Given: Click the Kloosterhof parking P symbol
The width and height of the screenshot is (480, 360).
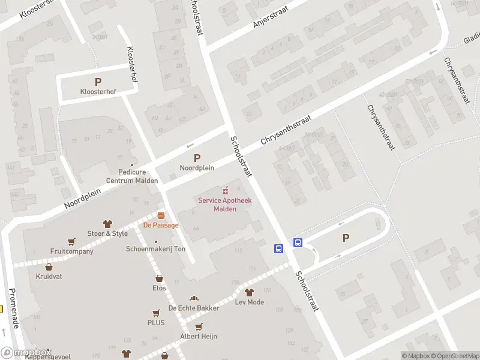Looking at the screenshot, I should point(98,82).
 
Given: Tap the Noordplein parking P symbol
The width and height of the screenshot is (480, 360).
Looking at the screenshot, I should point(197,158).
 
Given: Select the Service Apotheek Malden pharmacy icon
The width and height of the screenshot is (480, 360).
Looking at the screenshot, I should point(226,190).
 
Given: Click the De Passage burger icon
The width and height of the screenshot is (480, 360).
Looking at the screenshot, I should point(161,215).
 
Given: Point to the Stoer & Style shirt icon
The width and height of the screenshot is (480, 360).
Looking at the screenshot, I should point(108,224).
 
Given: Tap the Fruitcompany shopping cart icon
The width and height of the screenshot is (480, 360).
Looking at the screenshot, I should point(72,242).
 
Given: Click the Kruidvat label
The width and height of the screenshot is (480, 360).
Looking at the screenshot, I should point(49,277).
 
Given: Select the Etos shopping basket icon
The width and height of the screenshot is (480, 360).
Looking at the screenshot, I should point(159,278).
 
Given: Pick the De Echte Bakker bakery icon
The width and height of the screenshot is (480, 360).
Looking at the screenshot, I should point(193,298).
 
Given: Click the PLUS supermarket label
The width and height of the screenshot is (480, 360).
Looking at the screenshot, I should point(155,323).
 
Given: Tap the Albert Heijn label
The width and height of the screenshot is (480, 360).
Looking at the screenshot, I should point(199,337).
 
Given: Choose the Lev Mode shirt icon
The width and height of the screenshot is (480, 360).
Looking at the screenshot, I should point(250,292).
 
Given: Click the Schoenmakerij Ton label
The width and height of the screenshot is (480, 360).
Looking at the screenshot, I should point(155,249).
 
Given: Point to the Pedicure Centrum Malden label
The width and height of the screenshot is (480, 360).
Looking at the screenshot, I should point(132,176).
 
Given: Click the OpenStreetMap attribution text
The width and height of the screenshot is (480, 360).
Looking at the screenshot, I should point(454,356).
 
